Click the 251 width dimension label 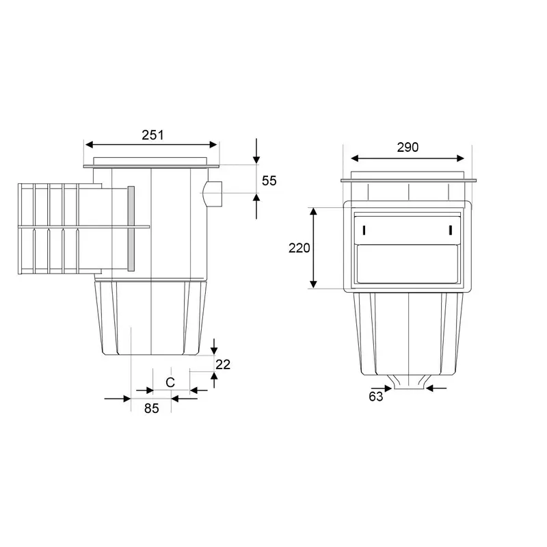tap(152, 135)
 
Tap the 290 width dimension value tap(408, 148)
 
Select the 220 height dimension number tap(299, 248)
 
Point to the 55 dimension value tap(269, 181)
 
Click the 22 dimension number tap(223, 364)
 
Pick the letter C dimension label tap(170, 383)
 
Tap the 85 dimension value tap(152, 408)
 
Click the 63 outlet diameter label tap(375, 397)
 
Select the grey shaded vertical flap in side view tap(131, 228)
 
